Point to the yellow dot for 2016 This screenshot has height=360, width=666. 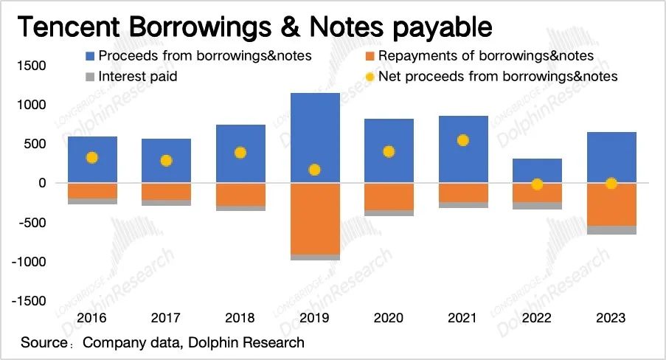click(x=91, y=157)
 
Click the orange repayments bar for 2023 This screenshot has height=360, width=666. click(x=611, y=204)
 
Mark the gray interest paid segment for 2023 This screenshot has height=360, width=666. click(x=611, y=230)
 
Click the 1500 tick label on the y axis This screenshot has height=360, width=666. click(x=32, y=66)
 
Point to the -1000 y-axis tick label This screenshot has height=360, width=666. click(x=30, y=262)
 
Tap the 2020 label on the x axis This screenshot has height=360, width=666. click(x=388, y=318)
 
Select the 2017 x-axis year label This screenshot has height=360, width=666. click(x=166, y=318)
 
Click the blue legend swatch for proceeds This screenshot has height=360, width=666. click(x=90, y=55)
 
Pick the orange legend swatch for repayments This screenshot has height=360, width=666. click(x=370, y=55)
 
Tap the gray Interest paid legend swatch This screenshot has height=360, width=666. click(x=90, y=76)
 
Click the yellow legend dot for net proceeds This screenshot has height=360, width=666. click(x=370, y=76)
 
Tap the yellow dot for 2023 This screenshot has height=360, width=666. click(x=611, y=184)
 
